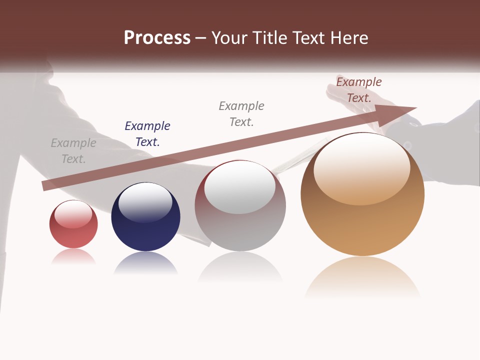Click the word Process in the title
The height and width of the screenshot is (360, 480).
pyautogui.click(x=157, y=38)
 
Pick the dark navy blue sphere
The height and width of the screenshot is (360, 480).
pyautogui.click(x=145, y=220)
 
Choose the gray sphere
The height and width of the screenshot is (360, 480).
pyautogui.click(x=240, y=210)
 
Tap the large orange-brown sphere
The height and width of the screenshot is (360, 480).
pyautogui.click(x=362, y=200)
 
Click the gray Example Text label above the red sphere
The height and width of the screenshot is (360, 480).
pyautogui.click(x=73, y=151)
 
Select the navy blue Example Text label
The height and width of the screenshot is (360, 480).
pyautogui.click(x=147, y=134)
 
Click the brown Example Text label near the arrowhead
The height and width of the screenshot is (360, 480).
pyautogui.click(x=359, y=90)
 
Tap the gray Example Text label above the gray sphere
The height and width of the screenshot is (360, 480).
pyautogui.click(x=241, y=114)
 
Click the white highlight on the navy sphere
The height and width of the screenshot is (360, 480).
pyautogui.click(x=145, y=202)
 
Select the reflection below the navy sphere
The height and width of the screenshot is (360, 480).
pyautogui.click(x=145, y=264)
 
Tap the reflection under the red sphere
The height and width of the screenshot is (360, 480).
pyautogui.click(x=73, y=256)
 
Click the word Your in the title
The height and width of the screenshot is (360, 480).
pyautogui.click(x=230, y=38)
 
